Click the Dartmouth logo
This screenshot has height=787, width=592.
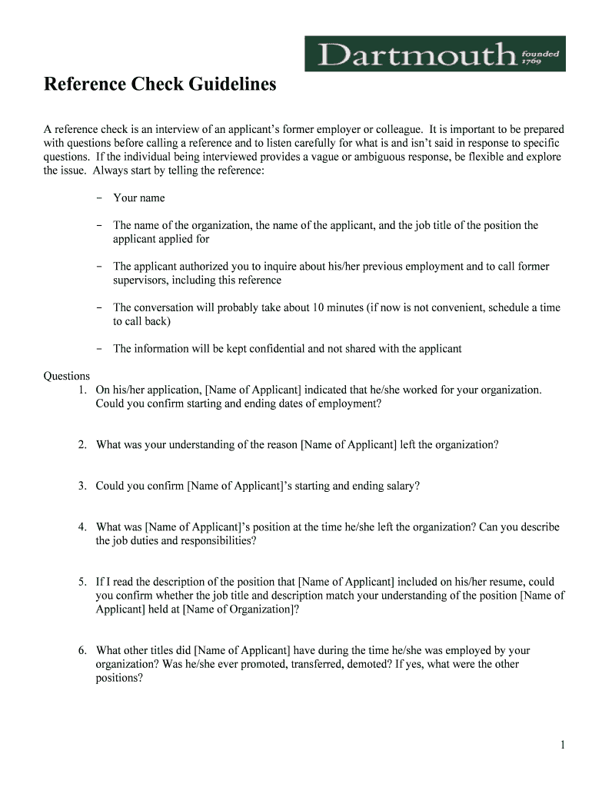tap(434, 54)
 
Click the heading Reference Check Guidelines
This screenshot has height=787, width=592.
tap(159, 85)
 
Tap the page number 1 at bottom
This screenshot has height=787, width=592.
tap(563, 745)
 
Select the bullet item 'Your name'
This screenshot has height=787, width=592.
tap(138, 198)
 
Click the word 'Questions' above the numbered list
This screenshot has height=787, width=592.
tap(67, 376)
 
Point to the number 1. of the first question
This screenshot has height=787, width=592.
tap(81, 390)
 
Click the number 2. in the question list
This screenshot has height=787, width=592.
tap(81, 445)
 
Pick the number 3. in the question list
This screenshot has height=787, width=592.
tap(81, 486)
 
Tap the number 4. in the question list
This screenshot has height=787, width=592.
tap(81, 527)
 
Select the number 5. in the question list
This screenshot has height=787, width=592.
tap(81, 582)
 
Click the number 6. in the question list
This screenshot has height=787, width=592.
tap(81, 650)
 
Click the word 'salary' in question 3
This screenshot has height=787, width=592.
tap(400, 486)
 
